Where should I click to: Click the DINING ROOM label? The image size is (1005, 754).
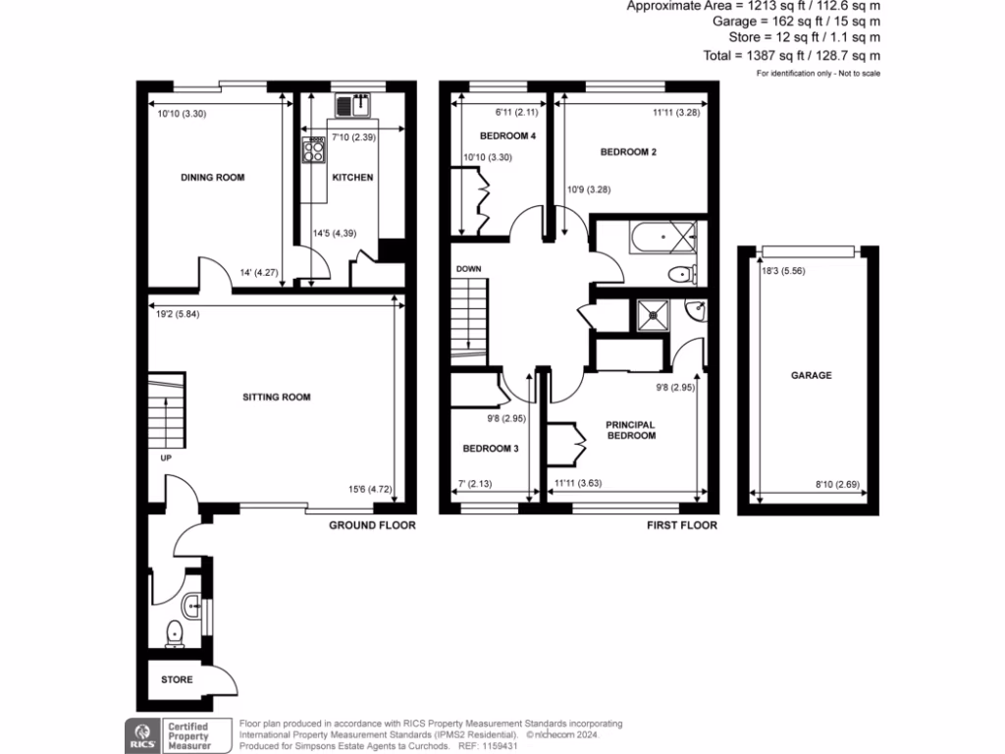tap(212, 178)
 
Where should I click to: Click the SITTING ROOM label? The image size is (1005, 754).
tap(277, 398)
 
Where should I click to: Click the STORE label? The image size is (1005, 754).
tap(178, 679)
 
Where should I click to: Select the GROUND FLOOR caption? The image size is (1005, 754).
tap(373, 525)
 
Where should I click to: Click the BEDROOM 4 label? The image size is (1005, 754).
tap(507, 136)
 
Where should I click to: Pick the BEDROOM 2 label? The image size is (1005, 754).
tap(628, 152)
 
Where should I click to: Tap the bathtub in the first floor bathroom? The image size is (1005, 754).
tap(648, 237)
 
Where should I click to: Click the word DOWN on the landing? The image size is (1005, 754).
tap(468, 268)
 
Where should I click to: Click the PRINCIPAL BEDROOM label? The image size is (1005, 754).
tap(630, 430)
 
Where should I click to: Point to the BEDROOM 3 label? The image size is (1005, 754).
tap(491, 449)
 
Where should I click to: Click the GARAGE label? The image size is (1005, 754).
tap(812, 375)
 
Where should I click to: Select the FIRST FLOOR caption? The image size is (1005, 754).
tap(681, 525)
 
